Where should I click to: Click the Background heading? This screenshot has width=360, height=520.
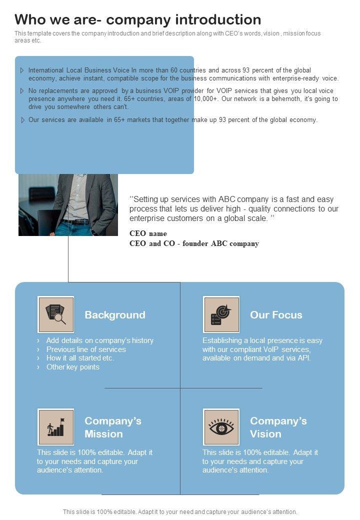coord(115,315)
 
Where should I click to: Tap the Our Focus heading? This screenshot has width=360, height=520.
coord(276,315)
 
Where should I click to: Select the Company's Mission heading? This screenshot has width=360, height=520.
coord(113,427)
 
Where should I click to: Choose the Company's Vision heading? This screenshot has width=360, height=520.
coord(278,427)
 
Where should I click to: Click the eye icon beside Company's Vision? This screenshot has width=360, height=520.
coord(221,427)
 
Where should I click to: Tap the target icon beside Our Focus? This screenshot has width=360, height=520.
coord(221,315)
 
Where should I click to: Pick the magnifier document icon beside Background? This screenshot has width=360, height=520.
coord(56,315)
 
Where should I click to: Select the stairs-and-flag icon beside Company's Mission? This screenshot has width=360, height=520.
coord(56,427)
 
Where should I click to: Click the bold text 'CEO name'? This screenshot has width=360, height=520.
coord(148,233)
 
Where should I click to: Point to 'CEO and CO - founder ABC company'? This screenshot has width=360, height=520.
coord(194,243)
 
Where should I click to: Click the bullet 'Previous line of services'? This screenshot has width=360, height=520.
coord(86,349)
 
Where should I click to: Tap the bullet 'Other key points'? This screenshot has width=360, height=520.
coord(73,367)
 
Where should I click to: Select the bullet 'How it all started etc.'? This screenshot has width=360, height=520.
coord(80,358)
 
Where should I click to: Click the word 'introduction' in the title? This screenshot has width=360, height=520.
coord(218,19)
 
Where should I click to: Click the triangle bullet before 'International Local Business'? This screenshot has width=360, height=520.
coord(22,70)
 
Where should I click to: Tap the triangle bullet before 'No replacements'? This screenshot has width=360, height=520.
coord(22,91)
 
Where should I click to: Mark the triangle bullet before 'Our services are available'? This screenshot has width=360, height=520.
coord(22,120)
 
